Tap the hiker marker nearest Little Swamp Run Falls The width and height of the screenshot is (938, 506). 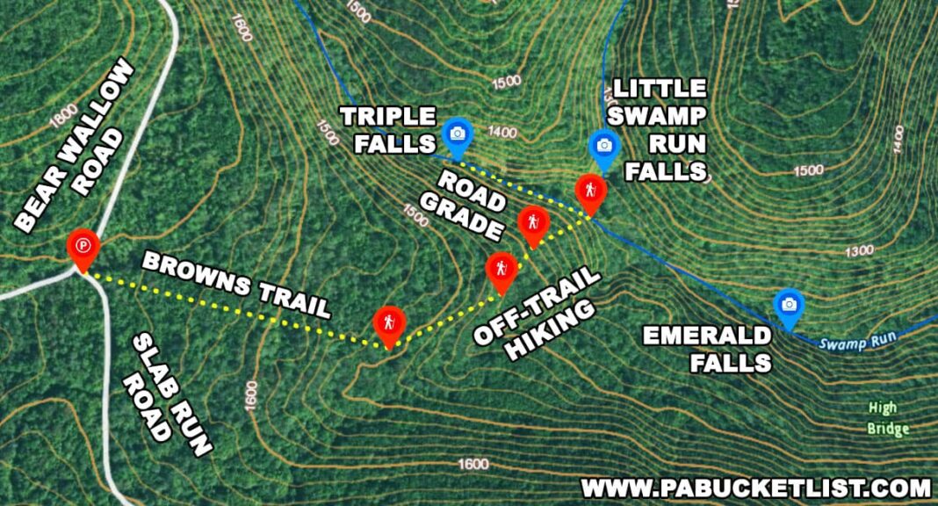[589, 192]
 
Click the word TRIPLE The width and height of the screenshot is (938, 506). [387, 117]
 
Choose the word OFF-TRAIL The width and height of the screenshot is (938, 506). [538, 305]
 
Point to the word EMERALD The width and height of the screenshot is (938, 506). [706, 336]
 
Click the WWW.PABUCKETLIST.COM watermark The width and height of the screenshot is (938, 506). [755, 488]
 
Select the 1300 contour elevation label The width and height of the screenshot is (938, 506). [858, 251]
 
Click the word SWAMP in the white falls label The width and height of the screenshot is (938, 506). [660, 115]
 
